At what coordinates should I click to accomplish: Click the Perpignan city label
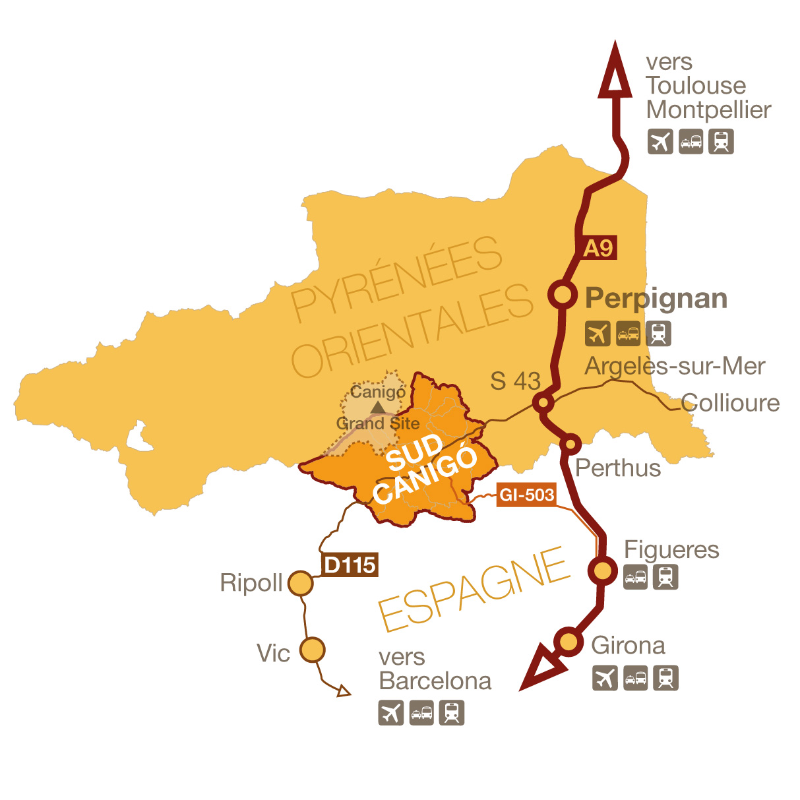coord(656,299)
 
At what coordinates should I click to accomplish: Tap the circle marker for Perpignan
coord(563,295)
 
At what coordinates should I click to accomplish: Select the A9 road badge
coord(598,248)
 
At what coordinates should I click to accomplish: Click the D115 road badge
coord(350,565)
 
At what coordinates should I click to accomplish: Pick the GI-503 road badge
coord(526,495)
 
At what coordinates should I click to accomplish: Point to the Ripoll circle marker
coord(301,583)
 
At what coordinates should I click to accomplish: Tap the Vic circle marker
coord(313,650)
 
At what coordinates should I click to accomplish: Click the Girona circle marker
coord(568,641)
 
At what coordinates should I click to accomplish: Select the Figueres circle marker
coord(603,570)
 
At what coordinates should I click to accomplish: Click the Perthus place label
coord(618,468)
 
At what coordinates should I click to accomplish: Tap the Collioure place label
coord(730,403)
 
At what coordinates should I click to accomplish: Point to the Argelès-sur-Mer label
coord(675,366)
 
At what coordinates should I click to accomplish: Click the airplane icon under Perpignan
coord(598,334)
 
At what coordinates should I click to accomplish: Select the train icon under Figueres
coord(665,578)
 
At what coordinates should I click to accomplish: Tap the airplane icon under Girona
coord(605,678)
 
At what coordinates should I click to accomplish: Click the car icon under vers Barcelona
coord(421,713)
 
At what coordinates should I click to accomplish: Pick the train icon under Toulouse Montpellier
coord(721,141)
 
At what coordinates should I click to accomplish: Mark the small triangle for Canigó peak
coord(377,408)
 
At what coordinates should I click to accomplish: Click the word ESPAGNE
coord(474,590)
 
